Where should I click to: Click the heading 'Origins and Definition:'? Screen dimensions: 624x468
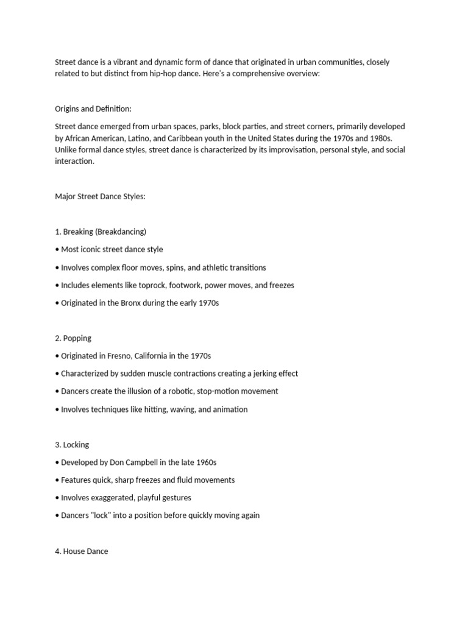(x=93, y=109)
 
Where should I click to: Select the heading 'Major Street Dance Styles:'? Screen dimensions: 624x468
(x=101, y=197)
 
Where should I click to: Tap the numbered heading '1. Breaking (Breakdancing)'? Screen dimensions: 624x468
(x=101, y=232)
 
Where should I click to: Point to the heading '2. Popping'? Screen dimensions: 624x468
(x=73, y=338)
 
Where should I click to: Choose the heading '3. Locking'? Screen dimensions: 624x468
(x=72, y=445)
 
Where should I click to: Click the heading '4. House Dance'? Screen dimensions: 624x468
(x=82, y=551)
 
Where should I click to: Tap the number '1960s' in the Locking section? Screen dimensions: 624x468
(x=205, y=463)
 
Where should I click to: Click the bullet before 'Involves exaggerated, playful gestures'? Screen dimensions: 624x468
(x=57, y=498)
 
